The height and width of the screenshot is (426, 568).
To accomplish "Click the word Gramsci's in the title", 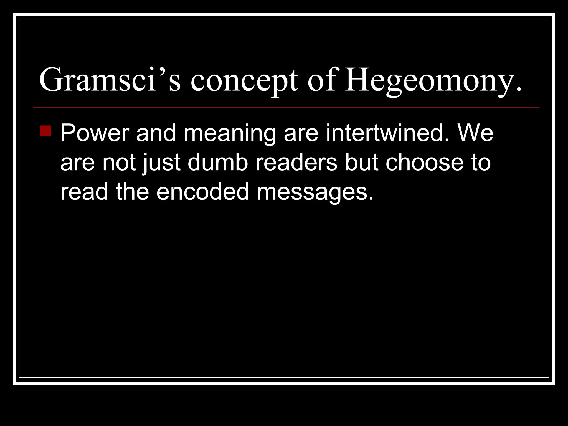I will (110, 80).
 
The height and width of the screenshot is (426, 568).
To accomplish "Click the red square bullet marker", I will (45, 131).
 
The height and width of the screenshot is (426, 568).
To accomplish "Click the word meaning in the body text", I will (230, 134).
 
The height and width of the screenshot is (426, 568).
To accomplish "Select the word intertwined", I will (387, 133).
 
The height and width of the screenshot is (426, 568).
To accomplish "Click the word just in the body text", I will (162, 163).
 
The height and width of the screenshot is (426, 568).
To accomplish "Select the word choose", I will (424, 163).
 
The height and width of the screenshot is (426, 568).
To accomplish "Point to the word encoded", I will (203, 192).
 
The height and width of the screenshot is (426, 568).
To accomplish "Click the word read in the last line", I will (84, 192).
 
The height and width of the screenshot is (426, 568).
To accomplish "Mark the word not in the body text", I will (119, 163).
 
